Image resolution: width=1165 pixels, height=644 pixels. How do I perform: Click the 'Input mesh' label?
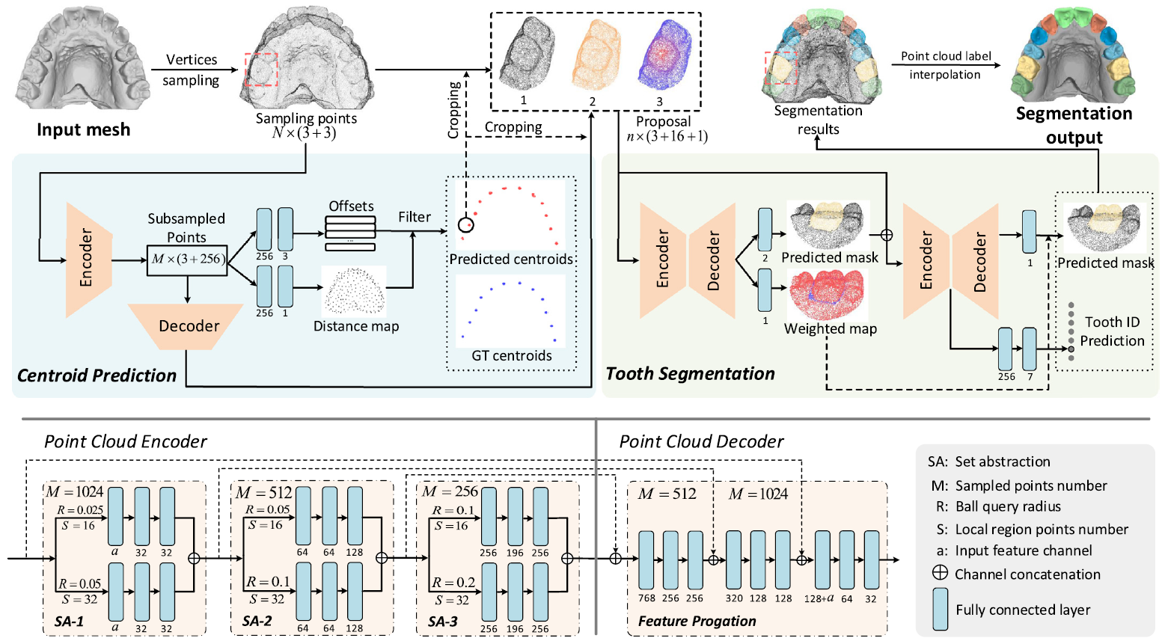tap(83, 129)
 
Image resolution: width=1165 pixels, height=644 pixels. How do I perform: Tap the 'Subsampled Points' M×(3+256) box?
tap(187, 259)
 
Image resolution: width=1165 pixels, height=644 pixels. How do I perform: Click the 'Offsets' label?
tap(351, 206)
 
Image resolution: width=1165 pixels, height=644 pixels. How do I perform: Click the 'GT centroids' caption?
tap(512, 355)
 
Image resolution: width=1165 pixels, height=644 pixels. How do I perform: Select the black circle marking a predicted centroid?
tap(465, 224)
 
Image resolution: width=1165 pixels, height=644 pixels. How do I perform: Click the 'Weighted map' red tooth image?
tap(826, 295)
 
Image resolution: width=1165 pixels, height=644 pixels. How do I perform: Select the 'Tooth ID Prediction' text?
tap(1112, 331)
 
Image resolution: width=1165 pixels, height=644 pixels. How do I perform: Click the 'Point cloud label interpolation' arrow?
tap(946, 65)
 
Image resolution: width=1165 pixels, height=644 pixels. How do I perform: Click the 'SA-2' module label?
tap(257, 622)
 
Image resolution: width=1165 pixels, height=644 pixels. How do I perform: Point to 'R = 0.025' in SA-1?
tap(80, 510)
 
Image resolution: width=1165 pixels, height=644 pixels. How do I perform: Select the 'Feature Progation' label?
tap(697, 621)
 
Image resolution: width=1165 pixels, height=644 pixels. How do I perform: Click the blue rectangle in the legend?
tap(941, 609)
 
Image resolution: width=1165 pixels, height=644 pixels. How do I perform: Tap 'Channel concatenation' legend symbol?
tap(940, 573)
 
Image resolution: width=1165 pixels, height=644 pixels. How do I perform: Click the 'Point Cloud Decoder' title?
tap(701, 441)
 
